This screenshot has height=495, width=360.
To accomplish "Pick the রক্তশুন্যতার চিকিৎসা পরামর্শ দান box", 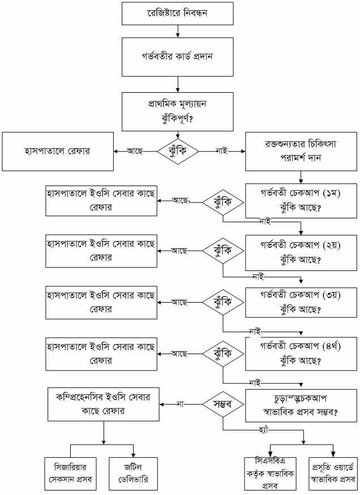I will [300, 151].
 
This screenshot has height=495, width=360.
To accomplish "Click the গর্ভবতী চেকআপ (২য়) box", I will [300, 251].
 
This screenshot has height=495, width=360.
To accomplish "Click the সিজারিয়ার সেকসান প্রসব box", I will [70, 472].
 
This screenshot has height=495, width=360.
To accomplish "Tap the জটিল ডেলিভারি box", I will [132, 472].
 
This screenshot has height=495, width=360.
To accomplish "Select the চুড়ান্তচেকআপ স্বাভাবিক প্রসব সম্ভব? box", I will [300, 405].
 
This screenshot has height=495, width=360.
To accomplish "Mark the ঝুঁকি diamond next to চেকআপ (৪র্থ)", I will [223, 353].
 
